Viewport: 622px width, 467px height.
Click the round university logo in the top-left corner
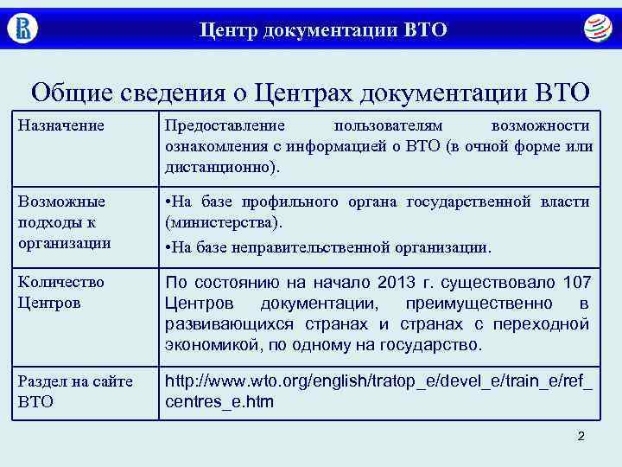(x=22, y=28)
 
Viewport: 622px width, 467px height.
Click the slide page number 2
(x=581, y=436)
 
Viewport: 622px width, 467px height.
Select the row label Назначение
(x=61, y=126)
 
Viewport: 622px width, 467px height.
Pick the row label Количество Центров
(x=61, y=292)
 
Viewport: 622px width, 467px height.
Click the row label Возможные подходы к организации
(x=61, y=222)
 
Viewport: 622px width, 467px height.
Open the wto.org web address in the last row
(x=378, y=390)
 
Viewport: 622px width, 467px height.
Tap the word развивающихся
(x=219, y=324)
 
